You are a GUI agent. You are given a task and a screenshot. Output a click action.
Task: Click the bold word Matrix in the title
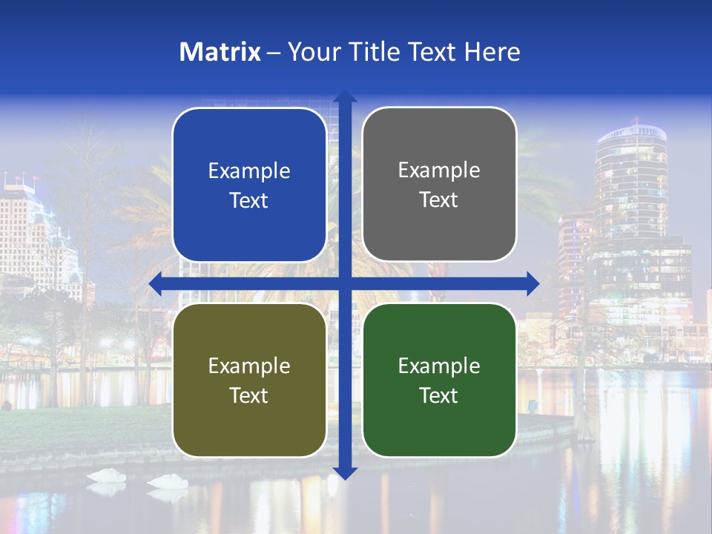[220, 52]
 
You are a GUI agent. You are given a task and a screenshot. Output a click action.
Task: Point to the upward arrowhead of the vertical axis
[344, 96]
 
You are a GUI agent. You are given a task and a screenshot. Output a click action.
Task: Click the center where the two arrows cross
[344, 283]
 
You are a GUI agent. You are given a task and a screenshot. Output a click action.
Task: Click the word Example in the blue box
[249, 171]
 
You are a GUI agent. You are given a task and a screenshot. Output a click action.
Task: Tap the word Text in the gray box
[439, 200]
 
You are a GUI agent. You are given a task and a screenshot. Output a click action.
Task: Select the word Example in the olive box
[249, 366]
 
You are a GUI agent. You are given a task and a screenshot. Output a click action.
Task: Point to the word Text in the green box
[439, 395]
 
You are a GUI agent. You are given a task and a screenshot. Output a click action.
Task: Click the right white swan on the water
[168, 481]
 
